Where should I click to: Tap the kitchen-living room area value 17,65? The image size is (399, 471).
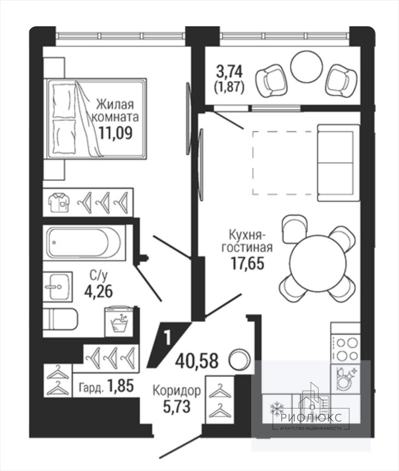point(247,264)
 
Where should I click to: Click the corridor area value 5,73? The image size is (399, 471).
point(177,407)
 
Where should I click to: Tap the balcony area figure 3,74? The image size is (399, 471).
point(229,72)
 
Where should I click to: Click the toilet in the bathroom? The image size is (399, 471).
point(60,319)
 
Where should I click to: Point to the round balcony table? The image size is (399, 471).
point(306,65)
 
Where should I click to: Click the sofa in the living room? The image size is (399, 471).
point(339,162)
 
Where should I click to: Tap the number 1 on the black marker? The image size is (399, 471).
point(168,337)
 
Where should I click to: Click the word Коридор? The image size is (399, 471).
point(177,391)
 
